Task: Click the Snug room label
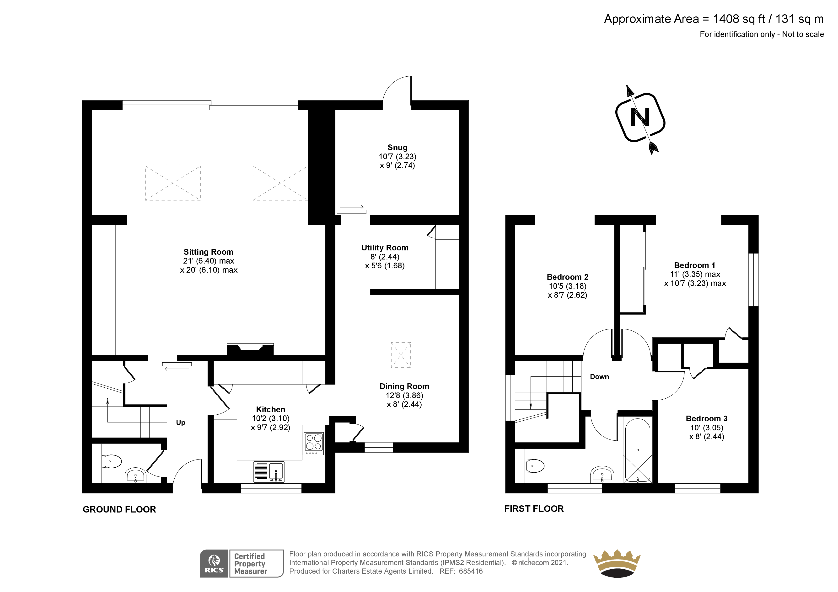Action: tap(398, 147)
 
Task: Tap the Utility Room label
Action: tap(385, 248)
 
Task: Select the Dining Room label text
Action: tap(404, 386)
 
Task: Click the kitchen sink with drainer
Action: tap(269, 472)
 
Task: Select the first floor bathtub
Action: tap(638, 450)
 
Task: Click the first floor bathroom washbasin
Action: tap(602, 474)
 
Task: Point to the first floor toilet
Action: tap(535, 466)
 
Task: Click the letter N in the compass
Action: tap(640, 117)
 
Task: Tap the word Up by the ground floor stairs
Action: tap(181, 422)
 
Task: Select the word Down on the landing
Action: tap(599, 377)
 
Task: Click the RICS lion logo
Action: tap(214, 564)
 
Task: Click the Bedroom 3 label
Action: tap(707, 418)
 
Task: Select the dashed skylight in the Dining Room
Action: tap(401, 354)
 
